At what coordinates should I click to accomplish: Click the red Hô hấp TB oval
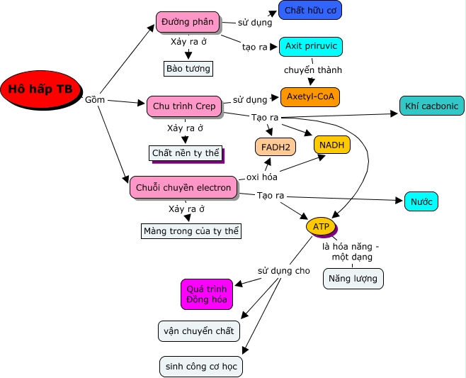point(40,89)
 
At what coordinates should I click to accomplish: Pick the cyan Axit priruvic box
point(311,47)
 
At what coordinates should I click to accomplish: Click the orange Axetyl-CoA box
point(310,96)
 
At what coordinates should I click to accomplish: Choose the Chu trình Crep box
point(184,106)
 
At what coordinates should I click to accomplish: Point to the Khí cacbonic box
point(432,106)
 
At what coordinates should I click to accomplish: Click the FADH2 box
point(275,147)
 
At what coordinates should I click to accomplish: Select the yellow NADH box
point(331,145)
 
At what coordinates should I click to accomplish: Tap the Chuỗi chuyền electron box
point(183,187)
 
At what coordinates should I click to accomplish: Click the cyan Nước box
point(421,201)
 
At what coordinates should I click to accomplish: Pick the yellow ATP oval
point(321,227)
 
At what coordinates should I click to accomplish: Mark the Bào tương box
point(188,69)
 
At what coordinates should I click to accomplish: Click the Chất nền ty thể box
point(186,152)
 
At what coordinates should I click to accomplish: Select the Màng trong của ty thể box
point(191,231)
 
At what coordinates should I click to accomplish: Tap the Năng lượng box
point(353,279)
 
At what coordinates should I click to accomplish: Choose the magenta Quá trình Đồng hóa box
point(206,294)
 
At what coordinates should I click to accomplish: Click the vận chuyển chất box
point(198,331)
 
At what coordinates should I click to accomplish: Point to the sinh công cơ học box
point(201,367)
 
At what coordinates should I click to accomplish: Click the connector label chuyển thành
point(312,70)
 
